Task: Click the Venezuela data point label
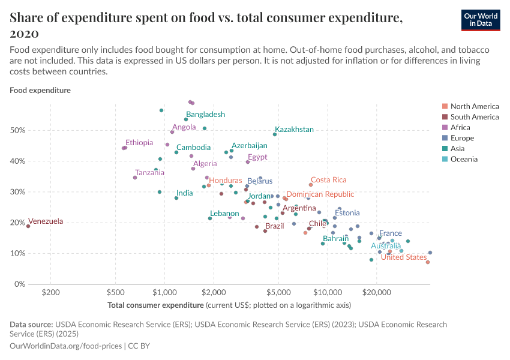pyautogui.click(x=46, y=221)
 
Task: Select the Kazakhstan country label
pyautogui.click(x=294, y=130)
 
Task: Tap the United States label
pyautogui.click(x=404, y=257)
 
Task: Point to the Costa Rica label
pyautogui.click(x=329, y=180)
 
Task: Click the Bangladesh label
pyautogui.click(x=205, y=115)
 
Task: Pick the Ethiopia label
pyautogui.click(x=139, y=143)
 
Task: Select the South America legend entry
pyautogui.click(x=474, y=117)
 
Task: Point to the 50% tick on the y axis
pyautogui.click(x=17, y=131)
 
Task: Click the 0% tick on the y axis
pyautogui.click(x=19, y=284)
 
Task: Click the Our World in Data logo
pyautogui.click(x=481, y=20)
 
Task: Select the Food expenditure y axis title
pyautogui.click(x=40, y=91)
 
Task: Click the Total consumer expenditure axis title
pyautogui.click(x=155, y=305)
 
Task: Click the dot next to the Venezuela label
pyautogui.click(x=28, y=226)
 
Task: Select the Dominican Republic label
pyautogui.click(x=320, y=194)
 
